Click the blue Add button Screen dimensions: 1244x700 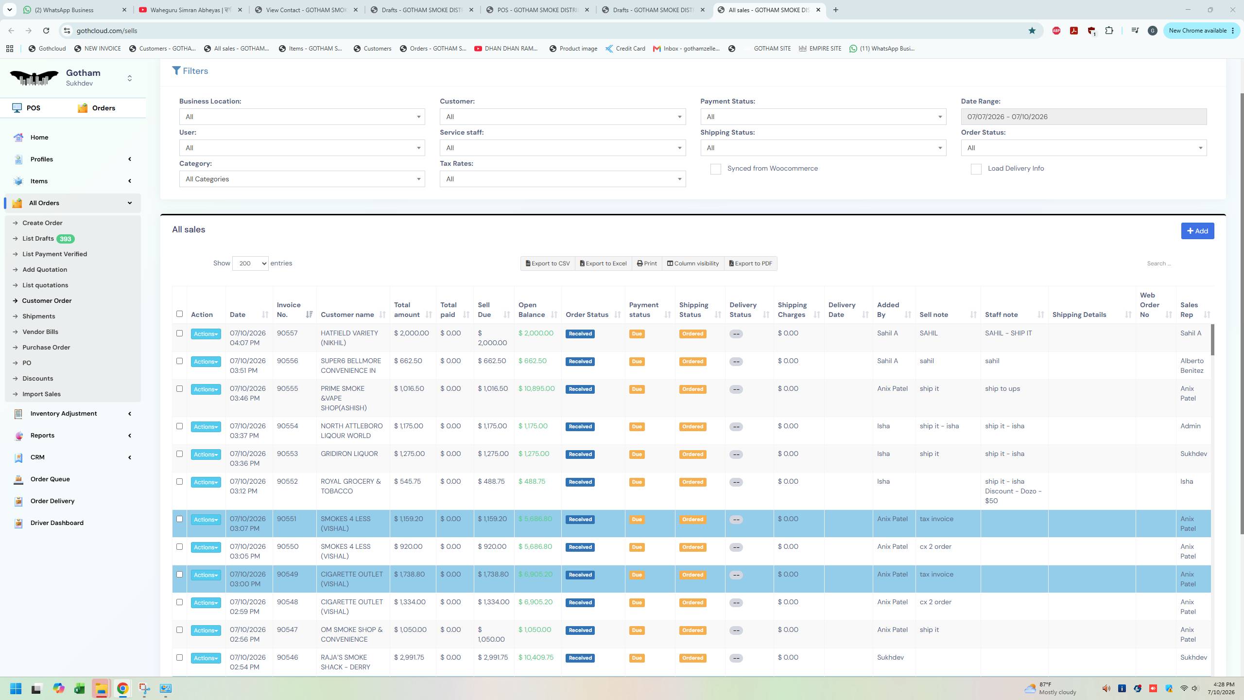[x=1197, y=231]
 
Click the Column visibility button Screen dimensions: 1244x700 [x=692, y=263]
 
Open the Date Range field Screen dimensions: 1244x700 [x=1084, y=117]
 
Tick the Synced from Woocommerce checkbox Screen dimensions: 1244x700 [x=715, y=169]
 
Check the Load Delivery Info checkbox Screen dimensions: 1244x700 [x=976, y=169]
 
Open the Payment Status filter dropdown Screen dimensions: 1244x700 [x=823, y=117]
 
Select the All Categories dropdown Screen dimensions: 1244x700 [x=302, y=179]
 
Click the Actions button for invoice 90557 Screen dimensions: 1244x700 [x=206, y=334]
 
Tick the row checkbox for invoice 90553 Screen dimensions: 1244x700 [x=179, y=454]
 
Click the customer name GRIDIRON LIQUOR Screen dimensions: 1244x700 [x=349, y=454]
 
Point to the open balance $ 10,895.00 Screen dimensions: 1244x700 [x=536, y=388]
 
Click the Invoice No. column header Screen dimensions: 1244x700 [x=289, y=310]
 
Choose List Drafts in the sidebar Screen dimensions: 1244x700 [x=38, y=239]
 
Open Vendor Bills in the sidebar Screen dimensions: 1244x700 [x=40, y=332]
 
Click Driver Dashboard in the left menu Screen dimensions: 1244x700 [x=57, y=523]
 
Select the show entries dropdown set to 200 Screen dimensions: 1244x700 [x=250, y=263]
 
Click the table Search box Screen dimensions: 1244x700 [x=1176, y=263]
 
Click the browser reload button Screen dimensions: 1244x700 [x=46, y=31]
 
